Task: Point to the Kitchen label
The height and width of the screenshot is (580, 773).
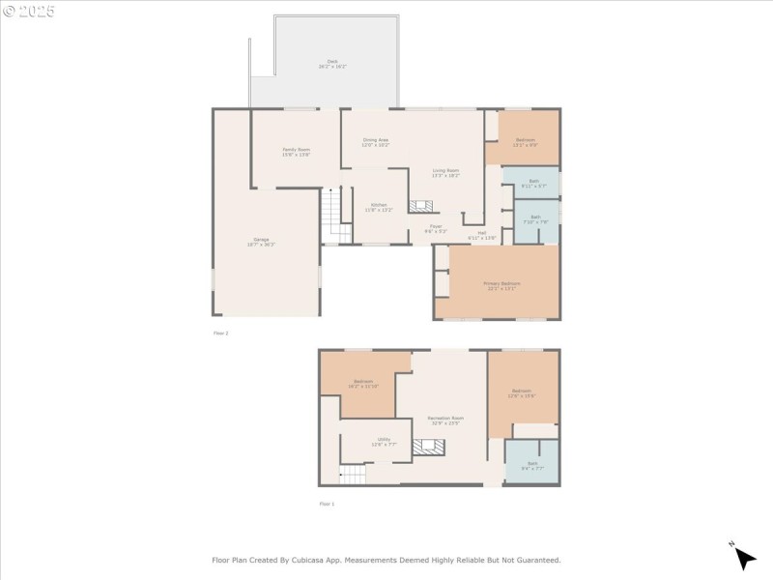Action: (x=378, y=206)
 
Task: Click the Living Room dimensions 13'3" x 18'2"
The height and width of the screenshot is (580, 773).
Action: (x=445, y=176)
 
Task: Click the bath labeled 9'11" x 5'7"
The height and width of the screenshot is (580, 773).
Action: (x=534, y=183)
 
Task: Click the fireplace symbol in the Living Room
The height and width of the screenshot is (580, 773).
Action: (x=421, y=206)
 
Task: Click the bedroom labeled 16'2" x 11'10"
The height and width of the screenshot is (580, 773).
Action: (x=363, y=384)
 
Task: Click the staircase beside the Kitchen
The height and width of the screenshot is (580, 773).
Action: (x=334, y=216)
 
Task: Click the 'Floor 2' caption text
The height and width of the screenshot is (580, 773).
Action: (x=221, y=333)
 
